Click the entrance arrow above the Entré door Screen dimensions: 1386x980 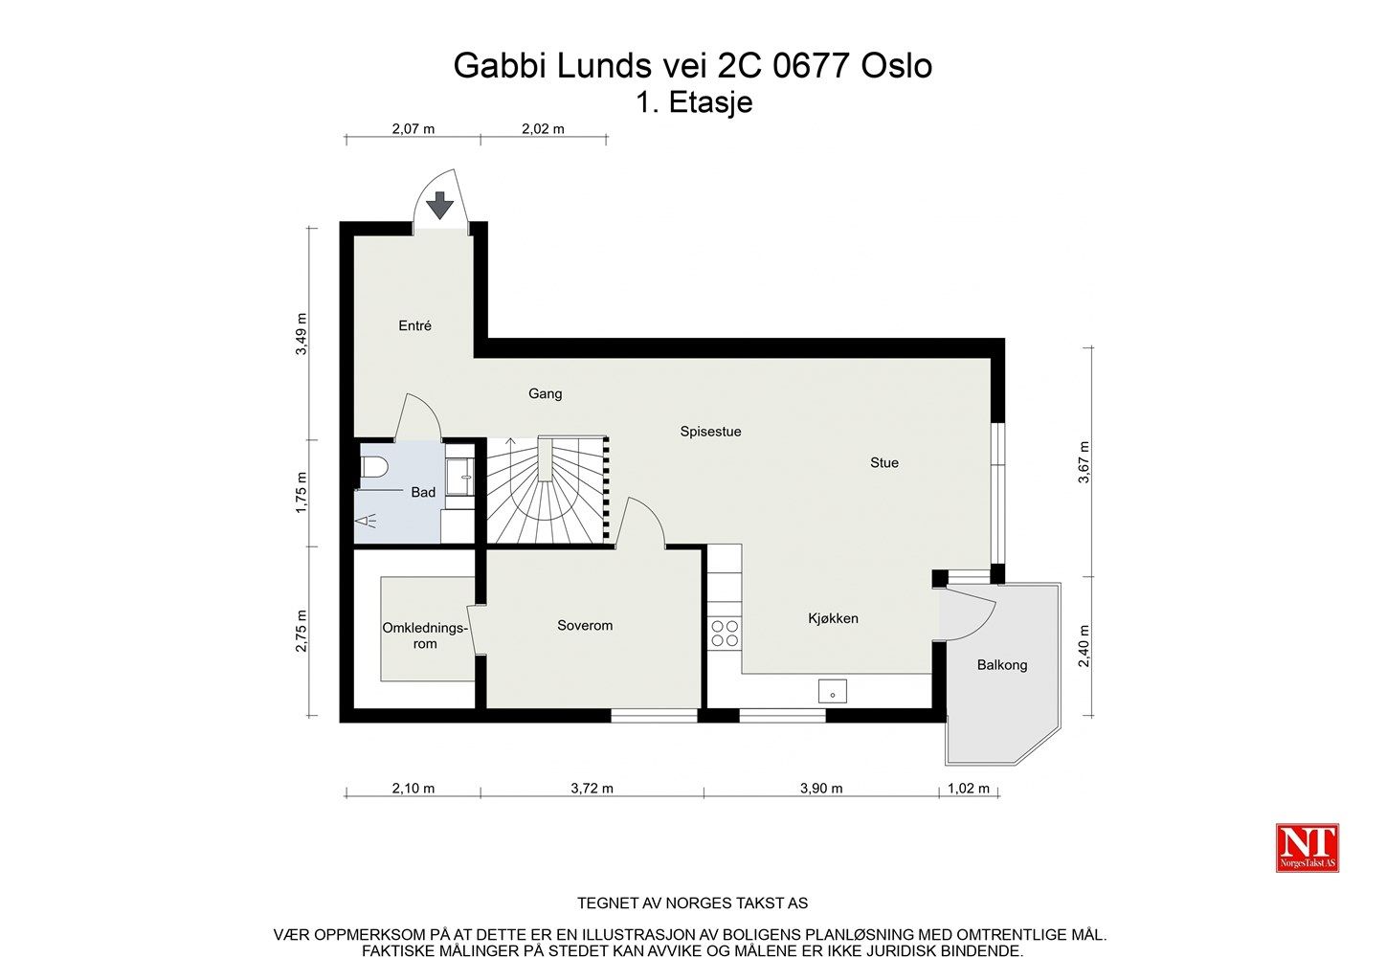[440, 205]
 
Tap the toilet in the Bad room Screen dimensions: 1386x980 [374, 467]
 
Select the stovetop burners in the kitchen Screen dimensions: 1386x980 [725, 633]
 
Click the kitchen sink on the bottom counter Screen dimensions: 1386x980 [832, 690]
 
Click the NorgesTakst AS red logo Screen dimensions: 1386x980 [1307, 848]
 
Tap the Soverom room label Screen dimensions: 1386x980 [585, 626]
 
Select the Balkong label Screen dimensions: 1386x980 [1002, 665]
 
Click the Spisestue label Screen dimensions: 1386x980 [710, 432]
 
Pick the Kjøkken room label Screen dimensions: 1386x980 [833, 618]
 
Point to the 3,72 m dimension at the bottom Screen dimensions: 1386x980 [592, 789]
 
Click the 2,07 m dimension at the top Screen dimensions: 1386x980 [414, 128]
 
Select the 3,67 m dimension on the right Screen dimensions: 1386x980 [1084, 462]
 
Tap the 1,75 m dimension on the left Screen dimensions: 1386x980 [302, 493]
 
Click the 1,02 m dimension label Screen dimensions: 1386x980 [969, 789]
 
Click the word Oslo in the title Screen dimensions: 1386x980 [897, 66]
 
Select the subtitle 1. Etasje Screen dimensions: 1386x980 [694, 102]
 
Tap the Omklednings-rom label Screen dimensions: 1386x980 [425, 635]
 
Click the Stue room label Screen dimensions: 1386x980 [884, 463]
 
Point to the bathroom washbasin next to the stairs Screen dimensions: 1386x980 [459, 477]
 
